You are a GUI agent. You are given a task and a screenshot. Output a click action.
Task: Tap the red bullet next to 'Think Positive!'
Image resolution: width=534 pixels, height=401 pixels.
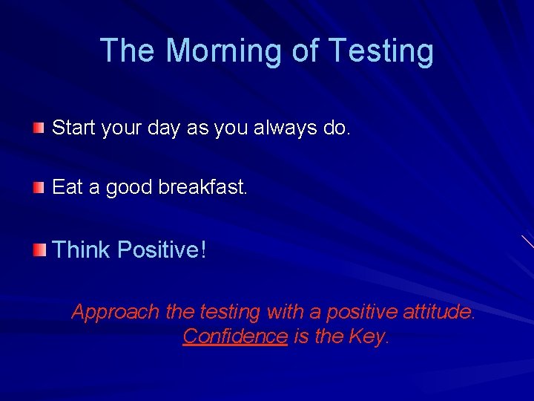pos(39,250)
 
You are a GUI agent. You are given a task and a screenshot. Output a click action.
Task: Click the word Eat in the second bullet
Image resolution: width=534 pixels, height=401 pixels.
pos(67,187)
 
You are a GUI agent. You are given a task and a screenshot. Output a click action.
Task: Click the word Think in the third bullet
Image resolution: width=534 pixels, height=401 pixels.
pos(81,250)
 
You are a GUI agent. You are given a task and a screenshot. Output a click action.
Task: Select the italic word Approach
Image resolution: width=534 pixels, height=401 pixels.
pos(116,313)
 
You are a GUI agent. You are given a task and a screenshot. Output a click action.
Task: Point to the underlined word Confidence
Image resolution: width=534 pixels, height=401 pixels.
pos(234,336)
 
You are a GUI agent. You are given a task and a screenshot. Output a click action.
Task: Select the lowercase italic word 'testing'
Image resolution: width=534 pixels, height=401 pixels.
pos(229,313)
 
